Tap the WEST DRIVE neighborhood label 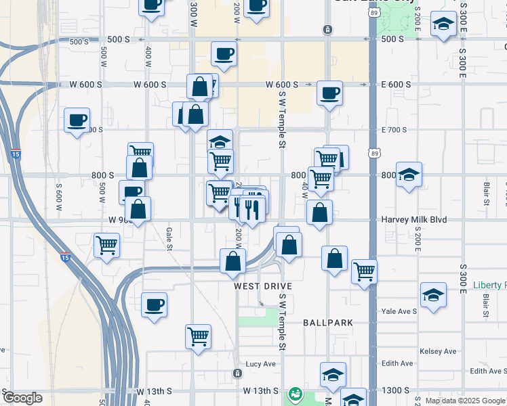click(x=263, y=286)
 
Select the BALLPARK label click(x=328, y=323)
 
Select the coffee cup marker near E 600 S click(x=329, y=93)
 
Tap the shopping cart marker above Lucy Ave click(x=198, y=336)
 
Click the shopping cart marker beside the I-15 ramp click(x=106, y=245)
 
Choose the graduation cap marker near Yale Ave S click(x=433, y=295)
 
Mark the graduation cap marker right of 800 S click(x=409, y=175)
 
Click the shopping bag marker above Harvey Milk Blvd click(x=319, y=212)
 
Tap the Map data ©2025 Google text click(x=465, y=401)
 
